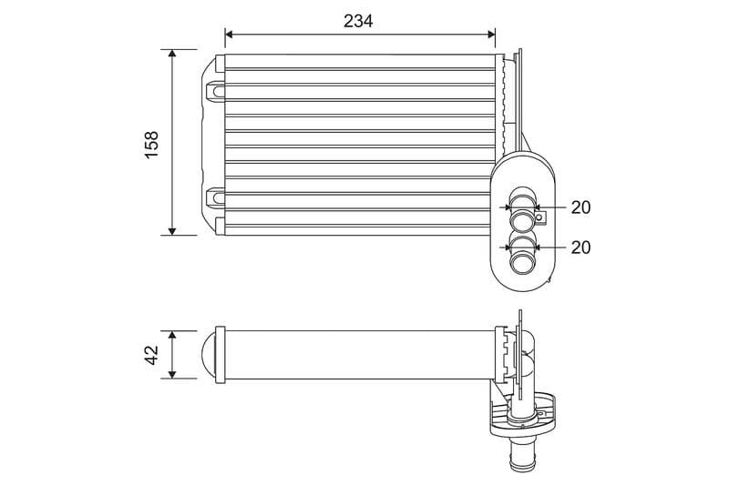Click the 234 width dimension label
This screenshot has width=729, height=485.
pos(358,20)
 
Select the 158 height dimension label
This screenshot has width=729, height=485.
pos(151,144)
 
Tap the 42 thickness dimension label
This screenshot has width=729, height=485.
pos(151,355)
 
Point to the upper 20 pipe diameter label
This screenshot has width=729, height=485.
pos(580,207)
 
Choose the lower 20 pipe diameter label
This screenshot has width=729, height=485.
pos(580,247)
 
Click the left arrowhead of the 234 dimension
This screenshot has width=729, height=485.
pos(229,35)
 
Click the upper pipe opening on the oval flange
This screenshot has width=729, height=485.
pos(522,219)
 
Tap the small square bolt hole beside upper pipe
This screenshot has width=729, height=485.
pos(539,217)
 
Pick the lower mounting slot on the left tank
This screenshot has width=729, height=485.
pos(216,196)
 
